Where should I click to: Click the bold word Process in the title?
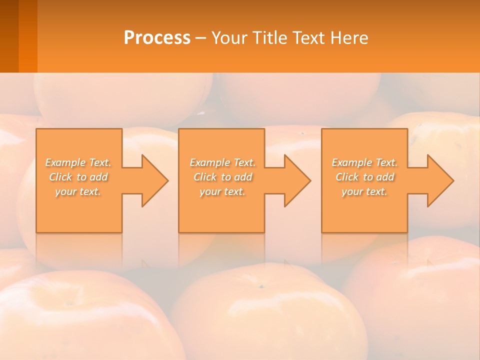pos(157,38)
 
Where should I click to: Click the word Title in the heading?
pos(268,38)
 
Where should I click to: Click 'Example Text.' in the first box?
pos(78,162)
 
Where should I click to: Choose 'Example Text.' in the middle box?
pos(222,162)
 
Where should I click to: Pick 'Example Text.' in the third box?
pos(364,162)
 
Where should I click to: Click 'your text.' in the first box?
pos(78,191)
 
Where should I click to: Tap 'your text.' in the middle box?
pos(222,191)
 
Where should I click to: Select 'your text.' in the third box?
pos(364,191)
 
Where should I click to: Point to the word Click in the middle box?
pos(204,177)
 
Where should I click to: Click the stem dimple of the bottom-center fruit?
pos(260,286)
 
